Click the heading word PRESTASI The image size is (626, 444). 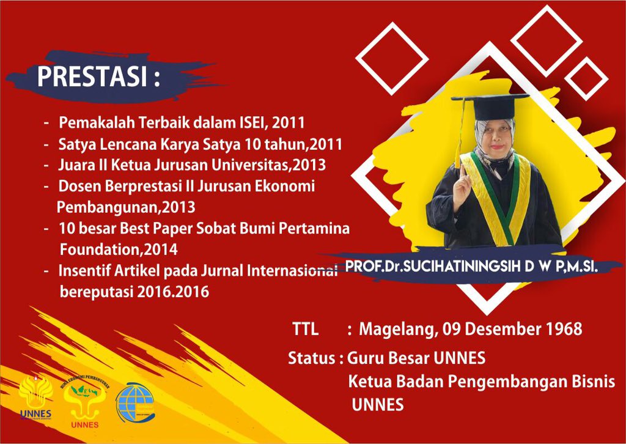click(x=91, y=77)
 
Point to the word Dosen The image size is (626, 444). click(x=78, y=186)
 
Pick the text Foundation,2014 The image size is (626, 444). click(x=119, y=250)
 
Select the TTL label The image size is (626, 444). click(x=305, y=329)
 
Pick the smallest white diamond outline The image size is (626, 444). click(x=585, y=80)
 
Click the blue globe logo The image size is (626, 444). click(x=136, y=404)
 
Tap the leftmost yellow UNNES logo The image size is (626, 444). click(x=35, y=398)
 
